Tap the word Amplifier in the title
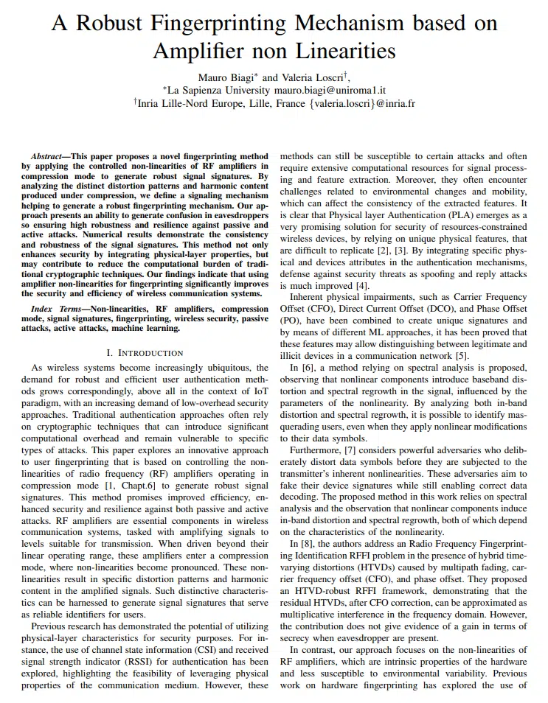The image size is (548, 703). tap(199, 51)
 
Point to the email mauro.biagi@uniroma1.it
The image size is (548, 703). tap(330, 90)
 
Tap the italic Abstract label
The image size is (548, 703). tap(49, 158)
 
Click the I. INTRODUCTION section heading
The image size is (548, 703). tap(145, 353)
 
